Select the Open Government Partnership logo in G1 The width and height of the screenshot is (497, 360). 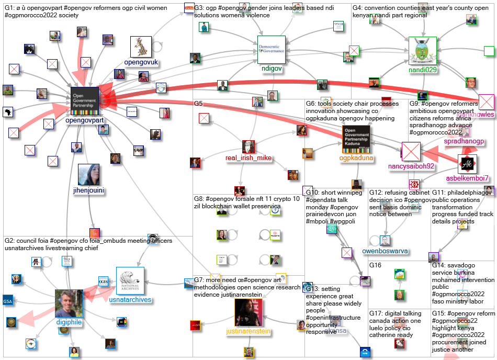85,102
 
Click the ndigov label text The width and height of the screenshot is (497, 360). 271,68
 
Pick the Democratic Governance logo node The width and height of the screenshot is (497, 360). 271,50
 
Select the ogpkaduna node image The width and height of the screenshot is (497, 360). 356,139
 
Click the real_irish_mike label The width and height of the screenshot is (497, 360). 249,158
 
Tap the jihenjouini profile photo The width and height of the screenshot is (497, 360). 88,175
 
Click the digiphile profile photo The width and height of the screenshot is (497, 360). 69,303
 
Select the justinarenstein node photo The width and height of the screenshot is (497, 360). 249,313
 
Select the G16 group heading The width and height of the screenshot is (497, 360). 375,265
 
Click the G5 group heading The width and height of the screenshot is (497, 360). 198,104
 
